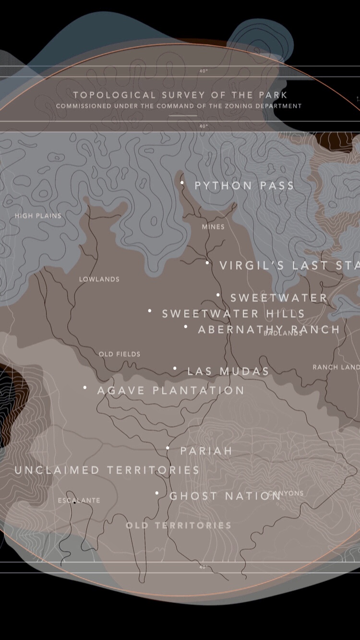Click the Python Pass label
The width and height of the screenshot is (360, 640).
click(244, 186)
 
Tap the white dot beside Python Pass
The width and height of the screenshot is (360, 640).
click(182, 182)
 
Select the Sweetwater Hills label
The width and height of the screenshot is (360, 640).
click(233, 314)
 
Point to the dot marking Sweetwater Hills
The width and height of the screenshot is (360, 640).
click(150, 311)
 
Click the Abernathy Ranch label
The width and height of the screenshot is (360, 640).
click(269, 330)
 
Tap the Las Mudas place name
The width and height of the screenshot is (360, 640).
click(228, 371)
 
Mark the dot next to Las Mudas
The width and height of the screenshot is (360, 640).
click(175, 368)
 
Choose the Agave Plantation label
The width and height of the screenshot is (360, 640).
click(171, 391)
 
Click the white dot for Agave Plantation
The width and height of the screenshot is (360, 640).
click(85, 387)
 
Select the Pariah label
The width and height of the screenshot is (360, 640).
click(206, 451)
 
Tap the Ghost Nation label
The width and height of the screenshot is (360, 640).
click(225, 496)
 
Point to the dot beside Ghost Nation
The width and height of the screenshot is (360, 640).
click(156, 493)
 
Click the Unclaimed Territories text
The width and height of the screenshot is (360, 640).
click(107, 470)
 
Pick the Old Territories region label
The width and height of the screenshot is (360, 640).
click(179, 525)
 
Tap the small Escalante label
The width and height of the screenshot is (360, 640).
click(79, 500)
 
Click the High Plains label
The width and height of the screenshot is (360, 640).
click(38, 216)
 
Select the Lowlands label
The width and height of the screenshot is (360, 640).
click(99, 279)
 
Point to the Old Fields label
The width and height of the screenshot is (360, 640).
click(120, 354)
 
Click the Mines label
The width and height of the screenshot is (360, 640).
click(213, 227)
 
